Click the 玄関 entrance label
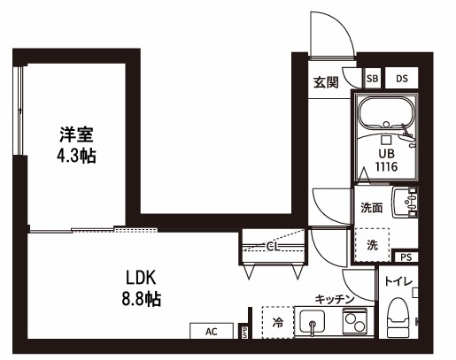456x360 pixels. pos(326,83)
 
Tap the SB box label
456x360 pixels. pos(372,79)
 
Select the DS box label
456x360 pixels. pos(401,79)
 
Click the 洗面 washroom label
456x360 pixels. pos(371,209)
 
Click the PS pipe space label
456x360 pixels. pos(406,257)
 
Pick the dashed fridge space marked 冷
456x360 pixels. pos(278,323)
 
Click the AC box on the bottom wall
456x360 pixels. pos(212,332)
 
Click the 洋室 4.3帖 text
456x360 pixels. pos(77,145)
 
